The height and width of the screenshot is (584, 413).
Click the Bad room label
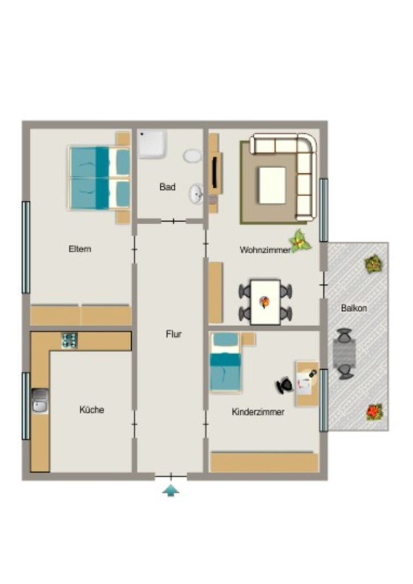[167, 186]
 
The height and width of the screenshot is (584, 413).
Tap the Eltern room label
[80, 249]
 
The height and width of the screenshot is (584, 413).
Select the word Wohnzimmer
[265, 250]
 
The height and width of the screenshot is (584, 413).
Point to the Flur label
[173, 334]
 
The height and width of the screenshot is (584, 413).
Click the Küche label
[92, 409]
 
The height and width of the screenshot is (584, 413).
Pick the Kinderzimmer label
[258, 412]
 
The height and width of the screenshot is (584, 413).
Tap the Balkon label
[354, 308]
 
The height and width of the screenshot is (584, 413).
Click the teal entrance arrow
[171, 491]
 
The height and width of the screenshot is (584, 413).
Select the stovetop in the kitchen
[70, 340]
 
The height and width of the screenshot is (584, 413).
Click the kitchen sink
[41, 401]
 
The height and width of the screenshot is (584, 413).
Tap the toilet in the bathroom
[192, 156]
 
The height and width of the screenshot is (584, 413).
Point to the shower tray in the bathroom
[152, 144]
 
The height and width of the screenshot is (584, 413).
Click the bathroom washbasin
[196, 194]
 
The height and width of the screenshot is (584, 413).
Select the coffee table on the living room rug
[273, 185]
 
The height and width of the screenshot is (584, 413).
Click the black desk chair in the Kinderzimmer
[285, 386]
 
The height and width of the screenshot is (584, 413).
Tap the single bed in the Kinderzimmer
[225, 362]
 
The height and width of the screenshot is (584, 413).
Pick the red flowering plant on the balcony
[374, 412]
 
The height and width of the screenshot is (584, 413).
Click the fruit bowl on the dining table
[265, 302]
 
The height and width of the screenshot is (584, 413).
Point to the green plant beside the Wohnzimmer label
[300, 242]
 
